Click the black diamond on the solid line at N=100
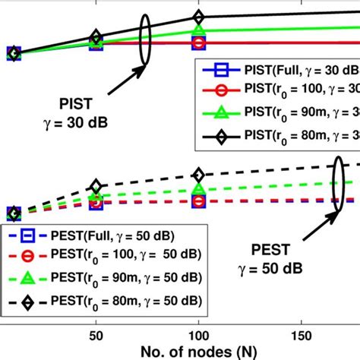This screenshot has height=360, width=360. [x=198, y=17]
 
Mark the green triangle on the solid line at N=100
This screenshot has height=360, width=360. [x=198, y=32]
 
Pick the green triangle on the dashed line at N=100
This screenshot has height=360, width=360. [x=198, y=190]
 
